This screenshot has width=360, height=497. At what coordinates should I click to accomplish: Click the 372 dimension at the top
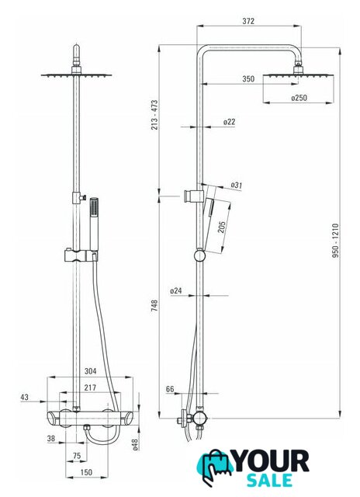248,21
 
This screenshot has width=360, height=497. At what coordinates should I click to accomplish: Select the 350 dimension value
248,78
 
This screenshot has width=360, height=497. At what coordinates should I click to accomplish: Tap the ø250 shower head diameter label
299,98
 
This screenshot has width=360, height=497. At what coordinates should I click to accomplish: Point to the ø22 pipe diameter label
229,122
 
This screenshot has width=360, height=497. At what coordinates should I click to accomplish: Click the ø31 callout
236,185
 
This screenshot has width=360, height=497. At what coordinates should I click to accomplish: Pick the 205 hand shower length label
222,227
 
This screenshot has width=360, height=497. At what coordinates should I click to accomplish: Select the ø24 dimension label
176,290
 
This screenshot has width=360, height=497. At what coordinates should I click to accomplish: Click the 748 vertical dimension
154,305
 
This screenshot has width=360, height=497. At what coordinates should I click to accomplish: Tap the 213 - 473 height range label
154,115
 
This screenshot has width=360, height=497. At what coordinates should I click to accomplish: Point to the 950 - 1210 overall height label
335,241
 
